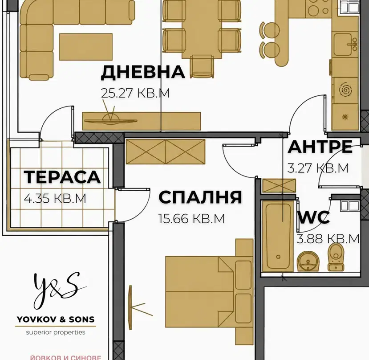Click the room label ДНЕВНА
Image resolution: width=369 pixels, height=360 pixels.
[143, 72]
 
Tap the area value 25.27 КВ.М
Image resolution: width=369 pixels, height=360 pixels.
[135, 93]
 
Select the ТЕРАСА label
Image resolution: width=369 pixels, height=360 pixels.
[62, 177]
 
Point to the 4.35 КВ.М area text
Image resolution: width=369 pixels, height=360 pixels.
[55, 198]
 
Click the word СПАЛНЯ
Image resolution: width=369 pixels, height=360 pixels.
[200, 197]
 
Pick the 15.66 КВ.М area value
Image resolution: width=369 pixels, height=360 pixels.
[191, 219]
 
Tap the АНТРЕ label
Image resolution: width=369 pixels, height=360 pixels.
[320, 147]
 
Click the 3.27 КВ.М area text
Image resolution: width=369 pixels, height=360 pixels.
[318, 168]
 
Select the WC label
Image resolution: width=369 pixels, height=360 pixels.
[313, 217]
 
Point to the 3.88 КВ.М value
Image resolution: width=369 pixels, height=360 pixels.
[328, 239]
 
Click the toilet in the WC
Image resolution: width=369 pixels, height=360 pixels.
[336, 257]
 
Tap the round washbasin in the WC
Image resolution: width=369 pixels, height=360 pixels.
[308, 261]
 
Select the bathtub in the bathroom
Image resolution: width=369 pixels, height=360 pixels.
[278, 236]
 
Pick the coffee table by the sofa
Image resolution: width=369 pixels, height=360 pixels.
[86, 47]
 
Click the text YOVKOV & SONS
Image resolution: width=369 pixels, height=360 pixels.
[56, 319]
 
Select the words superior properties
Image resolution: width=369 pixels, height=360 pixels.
[56, 332]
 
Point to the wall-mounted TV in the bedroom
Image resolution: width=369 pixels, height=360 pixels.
[130, 307]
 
